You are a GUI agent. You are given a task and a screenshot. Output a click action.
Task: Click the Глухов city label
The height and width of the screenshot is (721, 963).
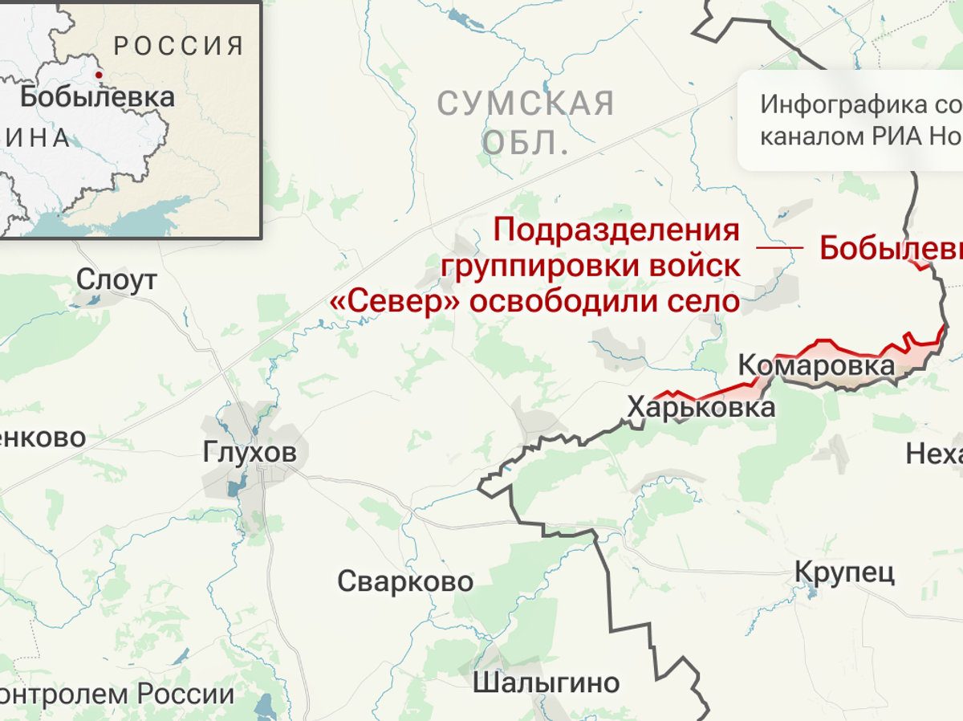(250, 452)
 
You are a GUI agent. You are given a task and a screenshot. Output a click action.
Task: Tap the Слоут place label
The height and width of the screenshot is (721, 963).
(117, 279)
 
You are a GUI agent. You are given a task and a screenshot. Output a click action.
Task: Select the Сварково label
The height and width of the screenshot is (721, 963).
(405, 580)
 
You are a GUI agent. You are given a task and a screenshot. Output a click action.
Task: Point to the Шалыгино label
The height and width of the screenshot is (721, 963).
(546, 682)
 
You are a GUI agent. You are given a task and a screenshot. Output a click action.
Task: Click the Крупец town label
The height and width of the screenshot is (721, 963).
(844, 572)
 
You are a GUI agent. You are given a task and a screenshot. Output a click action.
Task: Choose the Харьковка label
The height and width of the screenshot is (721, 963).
(701, 408)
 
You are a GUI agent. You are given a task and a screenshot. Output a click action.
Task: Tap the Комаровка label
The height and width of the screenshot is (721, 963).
(815, 366)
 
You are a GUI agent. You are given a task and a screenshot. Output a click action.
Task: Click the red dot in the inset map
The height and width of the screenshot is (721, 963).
(99, 75)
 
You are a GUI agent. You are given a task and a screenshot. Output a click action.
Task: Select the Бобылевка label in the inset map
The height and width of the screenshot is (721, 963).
(97, 97)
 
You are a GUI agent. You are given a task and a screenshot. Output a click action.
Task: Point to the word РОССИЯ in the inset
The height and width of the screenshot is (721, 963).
(179, 46)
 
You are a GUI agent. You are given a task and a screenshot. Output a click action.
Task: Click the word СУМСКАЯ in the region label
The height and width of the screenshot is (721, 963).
(526, 104)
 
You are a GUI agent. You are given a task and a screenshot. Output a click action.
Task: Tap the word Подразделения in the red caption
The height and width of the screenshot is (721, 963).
(616, 230)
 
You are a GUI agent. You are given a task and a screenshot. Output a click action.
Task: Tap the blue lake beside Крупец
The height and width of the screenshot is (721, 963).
(812, 595)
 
